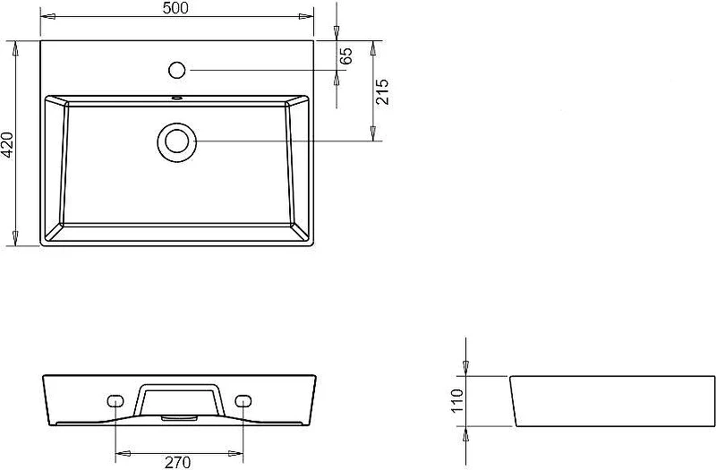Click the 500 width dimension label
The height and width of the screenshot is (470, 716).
pos(175,8)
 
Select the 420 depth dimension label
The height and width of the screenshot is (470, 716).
pos(8,145)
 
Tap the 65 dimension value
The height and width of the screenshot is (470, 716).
pos(346,56)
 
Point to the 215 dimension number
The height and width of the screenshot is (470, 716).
pos(382,92)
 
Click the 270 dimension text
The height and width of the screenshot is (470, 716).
pos(177,463)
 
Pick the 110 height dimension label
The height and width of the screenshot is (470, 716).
pos(456,400)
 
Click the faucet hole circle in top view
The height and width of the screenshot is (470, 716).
pos(176,71)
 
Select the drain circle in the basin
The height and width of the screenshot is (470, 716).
pos(176,141)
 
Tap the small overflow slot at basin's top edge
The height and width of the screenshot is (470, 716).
pos(176,98)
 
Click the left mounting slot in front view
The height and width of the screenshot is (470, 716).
pos(115,400)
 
